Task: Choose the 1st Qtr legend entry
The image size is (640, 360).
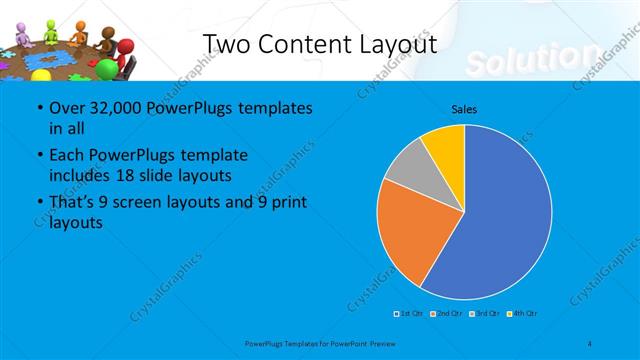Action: pos(411,314)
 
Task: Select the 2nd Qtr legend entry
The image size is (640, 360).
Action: pos(447,314)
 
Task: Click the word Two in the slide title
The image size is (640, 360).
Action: pos(228,45)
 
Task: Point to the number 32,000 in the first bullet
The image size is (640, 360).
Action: pos(105,108)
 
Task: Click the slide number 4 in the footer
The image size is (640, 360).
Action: pos(590,343)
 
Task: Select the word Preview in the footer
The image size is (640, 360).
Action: pos(381,343)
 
